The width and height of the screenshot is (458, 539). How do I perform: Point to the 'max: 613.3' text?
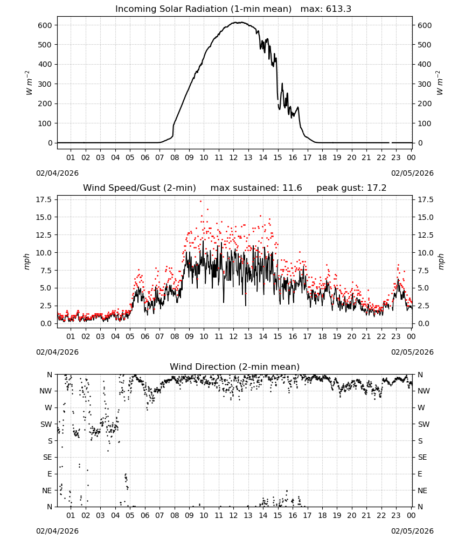326,9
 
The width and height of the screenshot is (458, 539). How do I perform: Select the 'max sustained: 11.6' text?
256,188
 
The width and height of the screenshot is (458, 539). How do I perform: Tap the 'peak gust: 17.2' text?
351,188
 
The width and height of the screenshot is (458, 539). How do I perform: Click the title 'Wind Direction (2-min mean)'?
235,367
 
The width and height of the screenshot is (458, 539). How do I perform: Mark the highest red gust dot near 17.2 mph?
200,202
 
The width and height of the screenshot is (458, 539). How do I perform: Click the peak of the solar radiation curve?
240,22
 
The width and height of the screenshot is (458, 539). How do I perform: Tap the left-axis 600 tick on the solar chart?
45,25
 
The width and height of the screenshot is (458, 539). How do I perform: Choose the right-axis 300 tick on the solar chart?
425,84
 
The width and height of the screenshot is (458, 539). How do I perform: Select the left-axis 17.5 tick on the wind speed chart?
44,200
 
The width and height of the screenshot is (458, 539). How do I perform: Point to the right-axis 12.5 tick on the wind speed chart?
426,235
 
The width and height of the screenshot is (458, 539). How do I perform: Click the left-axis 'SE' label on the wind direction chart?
47,458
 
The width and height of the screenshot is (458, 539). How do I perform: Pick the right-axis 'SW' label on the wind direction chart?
424,425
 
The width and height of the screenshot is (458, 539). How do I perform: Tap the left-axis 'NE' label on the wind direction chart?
47,491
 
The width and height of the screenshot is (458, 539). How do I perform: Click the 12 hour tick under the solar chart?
233,157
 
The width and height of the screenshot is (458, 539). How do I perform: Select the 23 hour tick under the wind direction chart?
396,515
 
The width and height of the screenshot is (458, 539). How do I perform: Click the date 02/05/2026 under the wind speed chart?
412,352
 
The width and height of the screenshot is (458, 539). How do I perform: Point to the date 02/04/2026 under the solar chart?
57,173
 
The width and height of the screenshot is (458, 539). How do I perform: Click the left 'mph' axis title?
27,261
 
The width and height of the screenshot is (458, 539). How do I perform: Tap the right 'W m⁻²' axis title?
440,83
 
